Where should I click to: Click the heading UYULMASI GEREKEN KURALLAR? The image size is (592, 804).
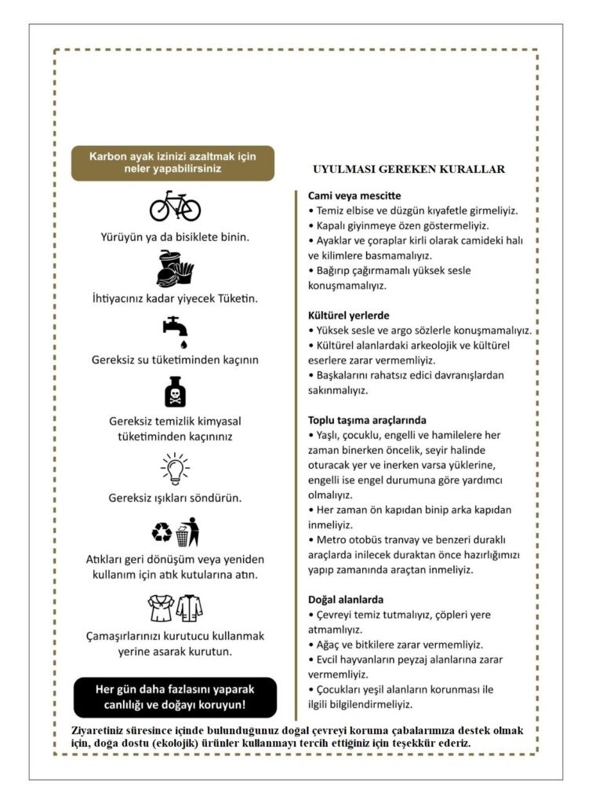pyautogui.click(x=408, y=169)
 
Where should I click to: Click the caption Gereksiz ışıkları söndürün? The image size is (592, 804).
pyautogui.click(x=175, y=498)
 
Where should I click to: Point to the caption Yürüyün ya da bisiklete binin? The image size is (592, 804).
pyautogui.click(x=175, y=236)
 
